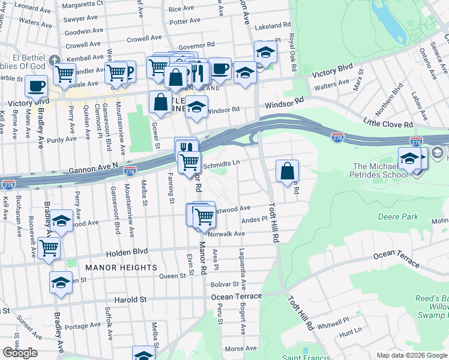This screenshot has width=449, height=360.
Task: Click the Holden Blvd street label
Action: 127,252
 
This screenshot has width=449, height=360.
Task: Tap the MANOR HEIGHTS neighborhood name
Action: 121,267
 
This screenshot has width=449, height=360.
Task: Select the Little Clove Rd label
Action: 388,124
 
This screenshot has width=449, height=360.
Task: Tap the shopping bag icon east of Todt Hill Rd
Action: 288,171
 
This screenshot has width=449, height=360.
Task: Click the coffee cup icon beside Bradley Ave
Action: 37,86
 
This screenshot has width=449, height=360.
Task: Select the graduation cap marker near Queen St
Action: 61,283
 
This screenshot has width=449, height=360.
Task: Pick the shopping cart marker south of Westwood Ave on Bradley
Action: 49,247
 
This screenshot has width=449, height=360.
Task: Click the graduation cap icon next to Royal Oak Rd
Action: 265,52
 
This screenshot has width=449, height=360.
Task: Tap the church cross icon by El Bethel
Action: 55,60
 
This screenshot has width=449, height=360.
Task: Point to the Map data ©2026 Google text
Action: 411,355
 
